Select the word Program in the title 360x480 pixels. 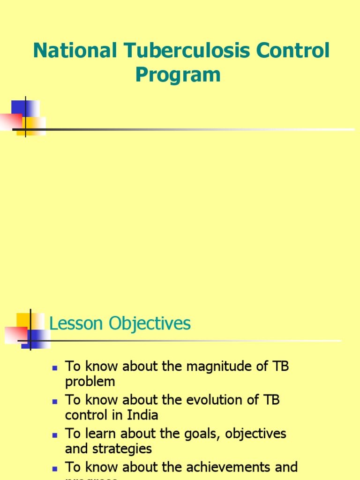(178, 75)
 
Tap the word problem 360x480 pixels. (90, 382)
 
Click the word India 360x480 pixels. (143, 415)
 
